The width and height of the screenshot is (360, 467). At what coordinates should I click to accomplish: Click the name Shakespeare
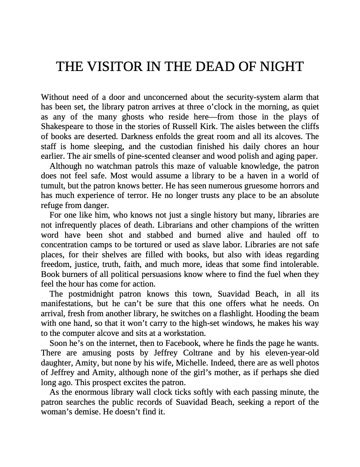61,127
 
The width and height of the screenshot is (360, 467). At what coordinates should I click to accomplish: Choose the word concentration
66,245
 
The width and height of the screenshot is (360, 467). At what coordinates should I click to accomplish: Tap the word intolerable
299,264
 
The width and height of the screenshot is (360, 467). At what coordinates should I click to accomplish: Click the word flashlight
248,314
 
